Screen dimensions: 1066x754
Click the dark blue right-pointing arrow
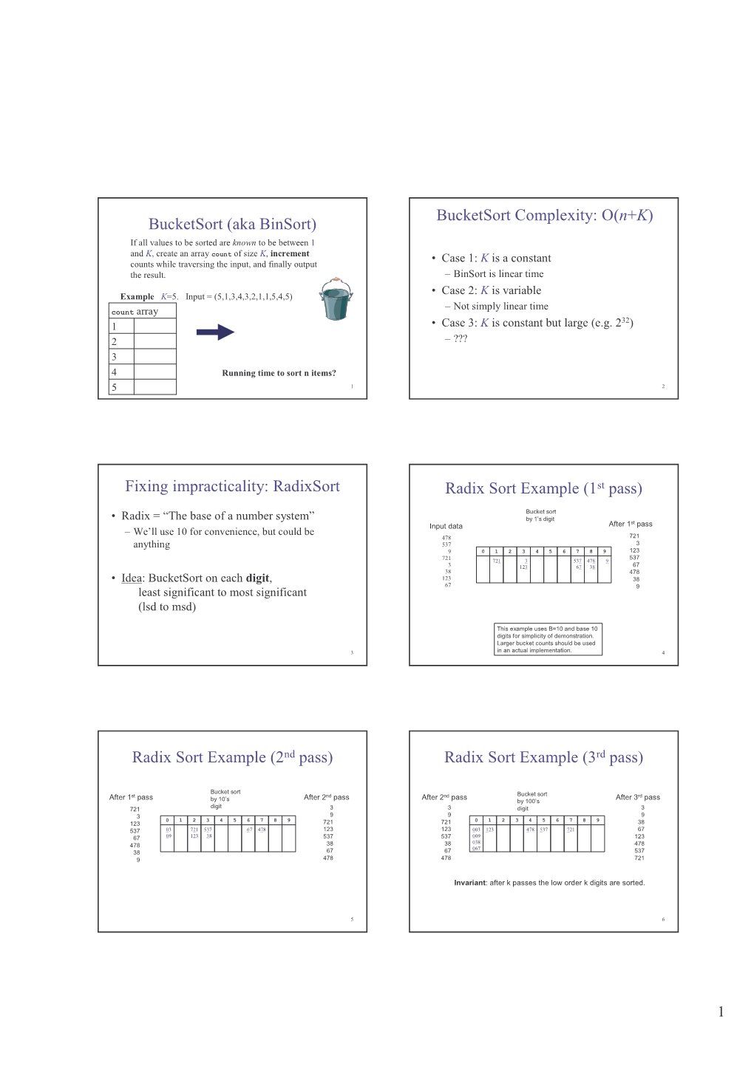tap(215, 332)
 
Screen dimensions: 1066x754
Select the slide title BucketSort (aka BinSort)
tap(232, 224)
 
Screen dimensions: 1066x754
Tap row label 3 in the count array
tap(115, 357)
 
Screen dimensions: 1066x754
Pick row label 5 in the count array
tap(115, 387)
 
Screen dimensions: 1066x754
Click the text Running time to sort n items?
tap(279, 373)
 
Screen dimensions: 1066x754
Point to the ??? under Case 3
tap(461, 339)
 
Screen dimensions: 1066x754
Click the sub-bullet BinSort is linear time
tap(498, 274)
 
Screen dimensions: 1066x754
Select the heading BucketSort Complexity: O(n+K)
tap(544, 215)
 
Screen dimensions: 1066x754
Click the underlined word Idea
tap(132, 578)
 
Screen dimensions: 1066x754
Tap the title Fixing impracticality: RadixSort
tap(232, 486)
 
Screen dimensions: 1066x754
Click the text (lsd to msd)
tap(167, 607)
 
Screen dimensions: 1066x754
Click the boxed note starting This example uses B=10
tap(547, 640)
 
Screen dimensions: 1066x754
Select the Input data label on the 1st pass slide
tap(446, 526)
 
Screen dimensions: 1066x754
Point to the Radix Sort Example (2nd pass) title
tap(232, 757)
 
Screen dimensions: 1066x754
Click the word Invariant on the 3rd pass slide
tap(469, 883)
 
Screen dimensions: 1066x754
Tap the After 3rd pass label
tap(637, 797)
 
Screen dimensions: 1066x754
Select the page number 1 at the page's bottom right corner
tap(721, 1012)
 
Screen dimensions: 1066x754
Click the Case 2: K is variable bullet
tap(491, 290)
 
